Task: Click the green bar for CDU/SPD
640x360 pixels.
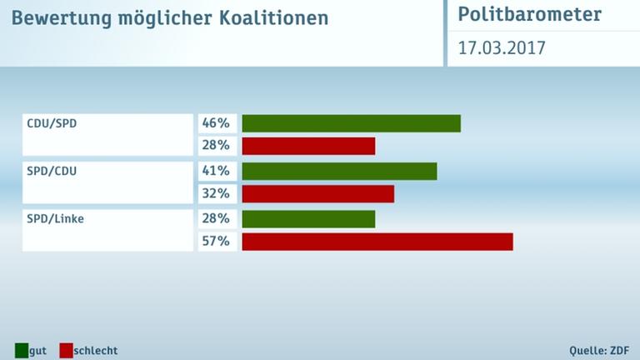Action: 351,123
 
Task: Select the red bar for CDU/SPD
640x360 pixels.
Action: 308,146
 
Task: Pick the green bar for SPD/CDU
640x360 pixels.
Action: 339,171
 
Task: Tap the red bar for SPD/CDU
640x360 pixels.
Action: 317,193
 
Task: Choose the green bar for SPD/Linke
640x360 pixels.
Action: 308,218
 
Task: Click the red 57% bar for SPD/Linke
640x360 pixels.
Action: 377,242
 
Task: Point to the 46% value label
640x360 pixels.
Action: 216,123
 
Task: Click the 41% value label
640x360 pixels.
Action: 216,171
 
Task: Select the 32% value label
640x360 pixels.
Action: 216,193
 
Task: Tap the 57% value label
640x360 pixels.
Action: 216,242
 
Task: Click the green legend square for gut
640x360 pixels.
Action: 21,350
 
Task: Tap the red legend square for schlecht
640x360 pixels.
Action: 66,350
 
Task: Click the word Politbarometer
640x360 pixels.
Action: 529,16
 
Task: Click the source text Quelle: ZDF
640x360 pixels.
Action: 599,350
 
